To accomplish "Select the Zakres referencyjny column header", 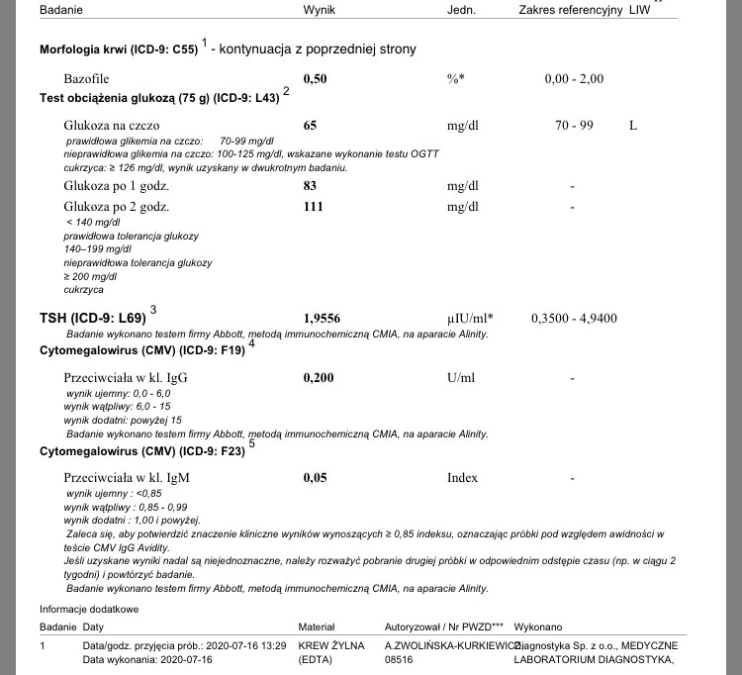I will pos(570,10).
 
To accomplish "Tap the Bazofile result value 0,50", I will pos(315,79).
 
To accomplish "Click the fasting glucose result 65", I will pos(310,126).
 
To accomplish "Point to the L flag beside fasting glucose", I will pos(633,126).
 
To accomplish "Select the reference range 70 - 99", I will pos(574,126).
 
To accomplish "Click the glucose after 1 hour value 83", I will pos(310,186).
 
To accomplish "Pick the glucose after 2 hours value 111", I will pos(314,207).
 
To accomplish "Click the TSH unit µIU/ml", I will pos(470,319).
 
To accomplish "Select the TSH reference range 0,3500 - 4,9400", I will pos(574,319).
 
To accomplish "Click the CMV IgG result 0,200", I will pos(318,378).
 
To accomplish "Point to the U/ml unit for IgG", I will pos(462,378).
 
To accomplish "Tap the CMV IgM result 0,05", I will pos(315,478).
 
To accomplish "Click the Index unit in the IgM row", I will pos(462,478).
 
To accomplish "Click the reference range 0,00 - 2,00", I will pos(574,79).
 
